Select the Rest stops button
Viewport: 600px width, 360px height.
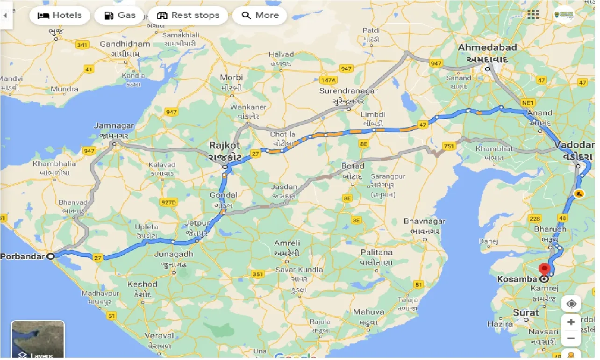[x=188, y=15]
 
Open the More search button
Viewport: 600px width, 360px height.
[x=259, y=15]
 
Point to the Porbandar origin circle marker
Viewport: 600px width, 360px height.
[x=50, y=256]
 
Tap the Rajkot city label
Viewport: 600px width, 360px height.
[x=225, y=145]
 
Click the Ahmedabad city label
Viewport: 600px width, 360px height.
[x=487, y=48]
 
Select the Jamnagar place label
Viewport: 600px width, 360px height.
[x=114, y=126]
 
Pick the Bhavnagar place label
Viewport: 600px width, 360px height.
[x=424, y=221]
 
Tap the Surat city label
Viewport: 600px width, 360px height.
[x=526, y=312]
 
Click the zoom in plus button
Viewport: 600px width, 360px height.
[x=571, y=322]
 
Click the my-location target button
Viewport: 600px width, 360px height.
[x=571, y=304]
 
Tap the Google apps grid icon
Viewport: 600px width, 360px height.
[x=533, y=15]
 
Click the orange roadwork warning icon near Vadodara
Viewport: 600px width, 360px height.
[x=579, y=193]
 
